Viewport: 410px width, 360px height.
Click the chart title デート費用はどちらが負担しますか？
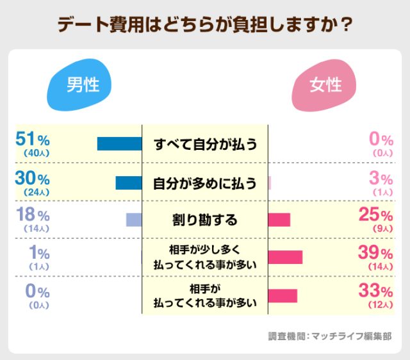tap(205, 24)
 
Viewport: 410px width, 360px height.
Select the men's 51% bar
tap(119, 143)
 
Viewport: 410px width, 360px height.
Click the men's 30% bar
tap(128, 183)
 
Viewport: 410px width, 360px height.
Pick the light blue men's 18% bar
tap(133, 220)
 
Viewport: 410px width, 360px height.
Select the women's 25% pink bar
tap(279, 220)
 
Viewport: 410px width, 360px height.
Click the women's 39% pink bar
tap(285, 257)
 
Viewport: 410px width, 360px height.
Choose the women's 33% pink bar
tap(283, 295)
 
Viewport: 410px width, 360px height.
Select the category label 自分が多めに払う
tap(205, 183)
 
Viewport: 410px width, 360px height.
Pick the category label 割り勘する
tap(205, 220)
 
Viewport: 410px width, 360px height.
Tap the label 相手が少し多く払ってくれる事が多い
tap(205, 257)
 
